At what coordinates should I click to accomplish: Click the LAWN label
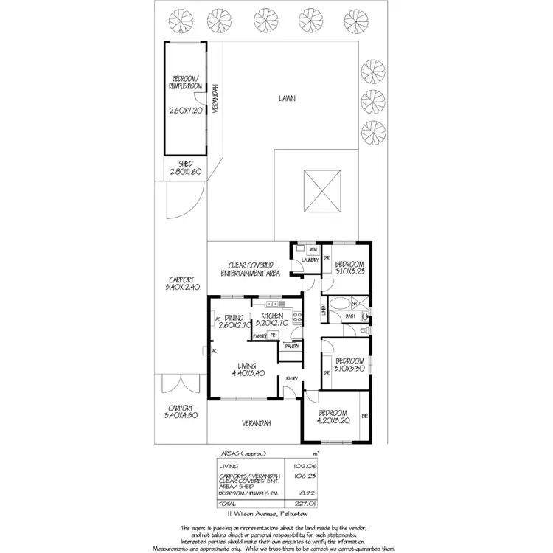pos(288,98)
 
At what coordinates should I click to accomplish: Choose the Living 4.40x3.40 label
pos(247,369)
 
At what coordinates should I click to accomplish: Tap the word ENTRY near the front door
pos(293,380)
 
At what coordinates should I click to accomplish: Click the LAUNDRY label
pos(310,260)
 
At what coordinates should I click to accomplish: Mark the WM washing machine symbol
pos(303,250)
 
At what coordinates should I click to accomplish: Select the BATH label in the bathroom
pos(349,316)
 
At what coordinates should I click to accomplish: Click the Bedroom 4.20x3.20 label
pos(333,417)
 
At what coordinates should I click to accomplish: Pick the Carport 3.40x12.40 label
pos(181,284)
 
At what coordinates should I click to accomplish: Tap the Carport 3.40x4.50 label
pos(181,411)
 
